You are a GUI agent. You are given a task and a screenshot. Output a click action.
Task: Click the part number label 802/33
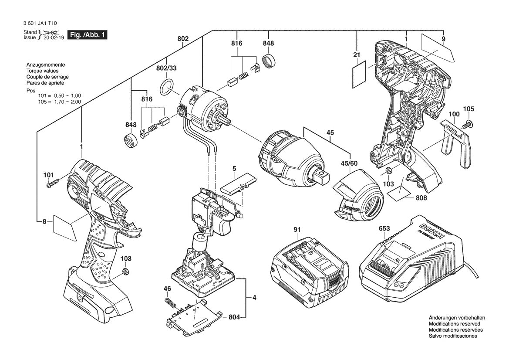click(167, 68)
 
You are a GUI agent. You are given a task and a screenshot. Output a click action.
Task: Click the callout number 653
click(384, 228)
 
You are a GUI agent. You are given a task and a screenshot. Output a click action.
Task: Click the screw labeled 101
click(52, 184)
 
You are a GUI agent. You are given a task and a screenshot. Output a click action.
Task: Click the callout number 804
click(235, 318)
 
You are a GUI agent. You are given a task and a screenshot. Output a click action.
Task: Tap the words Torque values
click(42, 71)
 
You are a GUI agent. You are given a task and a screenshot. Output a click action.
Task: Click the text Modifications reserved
click(454, 324)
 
